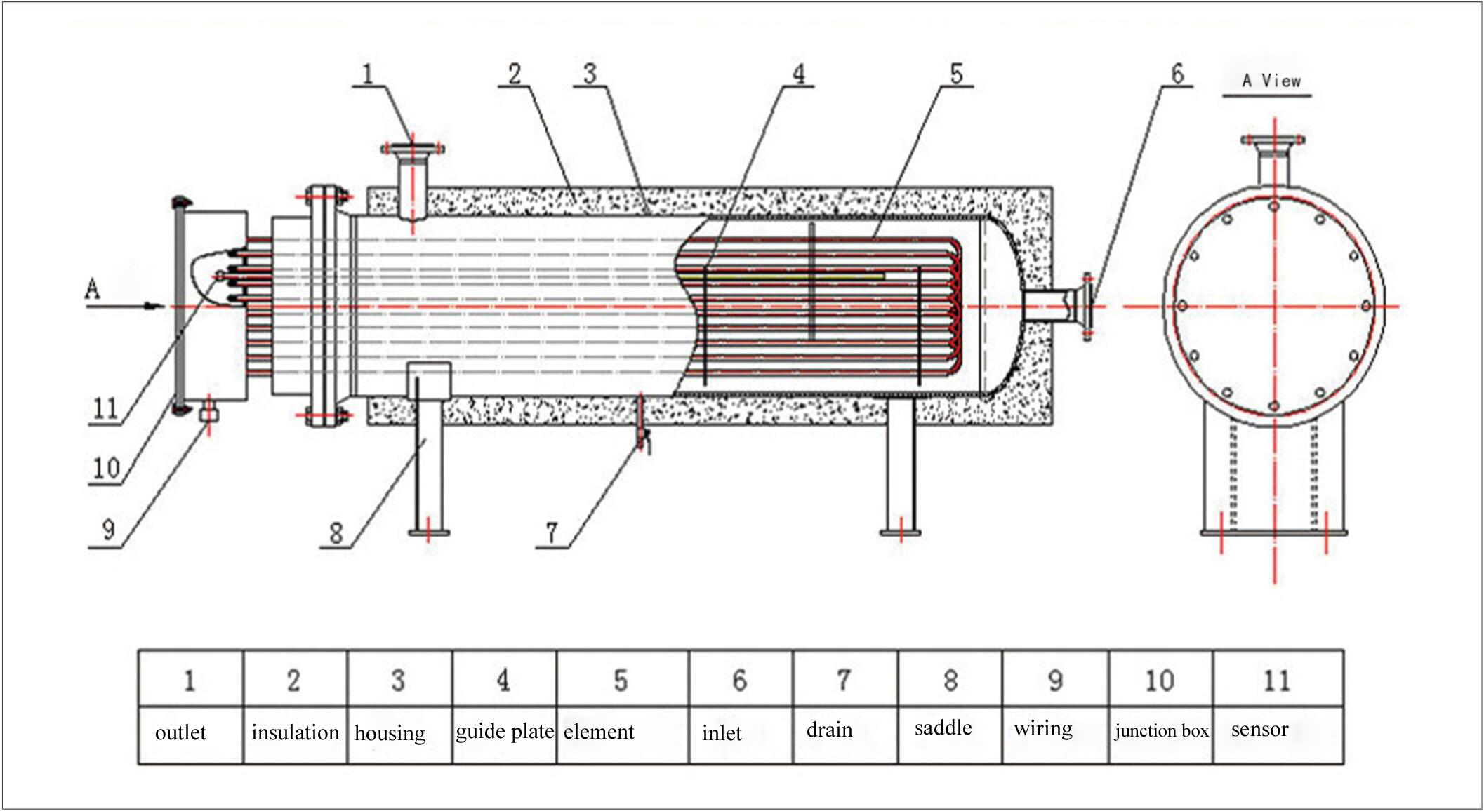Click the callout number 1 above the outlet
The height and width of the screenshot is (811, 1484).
tap(367, 74)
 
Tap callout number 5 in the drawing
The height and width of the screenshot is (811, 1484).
tap(956, 74)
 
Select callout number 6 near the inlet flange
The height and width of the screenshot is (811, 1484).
tap(1177, 74)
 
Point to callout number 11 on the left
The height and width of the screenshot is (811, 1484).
tap(105, 408)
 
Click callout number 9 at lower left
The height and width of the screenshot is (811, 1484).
tap(108, 530)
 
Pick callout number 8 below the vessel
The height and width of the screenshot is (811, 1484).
tap(336, 533)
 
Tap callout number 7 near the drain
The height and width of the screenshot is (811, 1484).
tap(552, 533)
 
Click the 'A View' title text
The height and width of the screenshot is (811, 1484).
tap(1271, 81)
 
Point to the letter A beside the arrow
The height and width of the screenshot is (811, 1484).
tap(92, 288)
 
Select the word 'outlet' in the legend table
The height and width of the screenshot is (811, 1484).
tap(180, 732)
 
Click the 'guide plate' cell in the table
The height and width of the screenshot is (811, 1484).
tap(505, 731)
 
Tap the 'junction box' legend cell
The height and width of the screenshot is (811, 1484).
tap(1161, 731)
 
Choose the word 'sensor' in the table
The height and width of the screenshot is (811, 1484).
tap(1259, 730)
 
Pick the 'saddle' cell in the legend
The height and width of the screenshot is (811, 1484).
tap(943, 728)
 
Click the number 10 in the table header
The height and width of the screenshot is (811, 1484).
tap(1159, 681)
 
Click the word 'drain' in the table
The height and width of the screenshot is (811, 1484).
tap(829, 730)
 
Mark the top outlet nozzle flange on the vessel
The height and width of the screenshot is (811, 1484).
tap(412, 149)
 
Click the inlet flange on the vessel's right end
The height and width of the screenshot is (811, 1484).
tap(1087, 307)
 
